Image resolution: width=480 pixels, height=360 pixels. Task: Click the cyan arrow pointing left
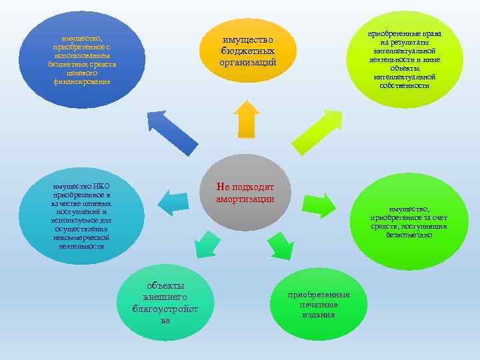click(x=174, y=203)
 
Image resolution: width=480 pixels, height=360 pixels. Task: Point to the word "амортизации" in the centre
click(x=245, y=199)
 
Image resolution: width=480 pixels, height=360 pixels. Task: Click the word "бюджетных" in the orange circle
click(x=248, y=52)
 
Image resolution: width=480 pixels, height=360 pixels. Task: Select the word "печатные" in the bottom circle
click(x=319, y=305)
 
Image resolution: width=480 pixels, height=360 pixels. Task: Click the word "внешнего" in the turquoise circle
click(x=165, y=297)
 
